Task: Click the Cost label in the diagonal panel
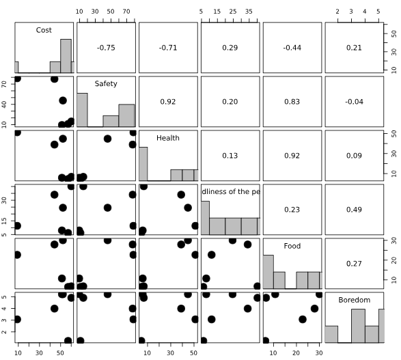(44, 30)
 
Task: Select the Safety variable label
(106, 84)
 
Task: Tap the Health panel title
(167, 137)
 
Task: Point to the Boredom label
(354, 299)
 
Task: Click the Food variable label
(292, 246)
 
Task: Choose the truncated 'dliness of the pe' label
(230, 192)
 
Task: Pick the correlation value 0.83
(292, 100)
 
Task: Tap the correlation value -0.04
(354, 100)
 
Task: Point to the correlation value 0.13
(230, 154)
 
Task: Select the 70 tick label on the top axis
(127, 12)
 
